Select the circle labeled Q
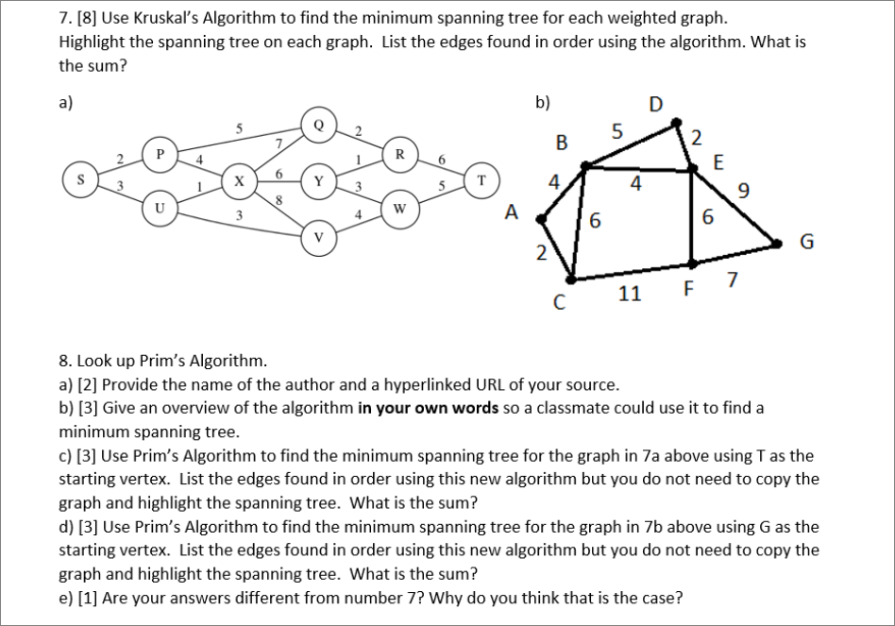pos(317,125)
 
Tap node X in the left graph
pos(239,178)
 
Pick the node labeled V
pos(317,234)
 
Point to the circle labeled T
pos(481,179)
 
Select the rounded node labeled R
pos(399,152)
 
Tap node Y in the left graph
pos(318,179)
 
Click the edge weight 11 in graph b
pos(630,294)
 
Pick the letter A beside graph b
pos(512,213)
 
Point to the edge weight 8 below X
pos(280,199)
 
